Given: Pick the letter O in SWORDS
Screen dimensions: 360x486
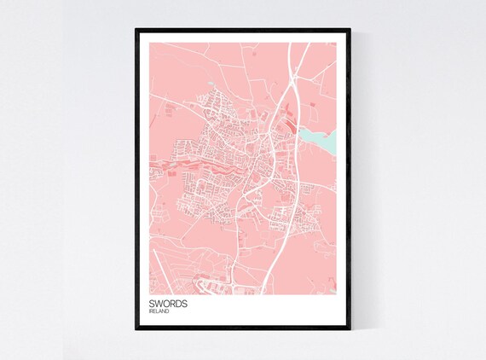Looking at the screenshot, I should tap(166, 304).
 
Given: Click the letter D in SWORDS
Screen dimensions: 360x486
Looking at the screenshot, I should tap(180, 304).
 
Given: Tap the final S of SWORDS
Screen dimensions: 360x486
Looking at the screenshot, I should tap(187, 304).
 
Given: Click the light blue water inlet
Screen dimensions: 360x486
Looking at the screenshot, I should tap(317, 136).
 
